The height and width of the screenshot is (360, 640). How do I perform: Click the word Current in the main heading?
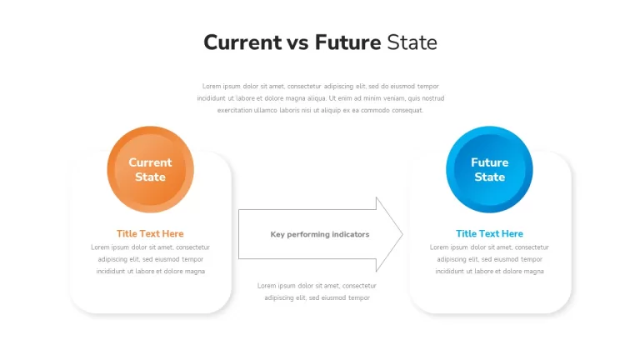click(x=242, y=42)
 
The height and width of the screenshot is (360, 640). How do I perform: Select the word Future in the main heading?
click(x=347, y=42)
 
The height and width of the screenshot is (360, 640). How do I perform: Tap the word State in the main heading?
click(x=412, y=42)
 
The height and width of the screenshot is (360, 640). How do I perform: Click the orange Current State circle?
click(x=150, y=169)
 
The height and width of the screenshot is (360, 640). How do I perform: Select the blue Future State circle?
click(x=489, y=169)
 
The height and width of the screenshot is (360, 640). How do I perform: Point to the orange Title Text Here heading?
click(x=150, y=233)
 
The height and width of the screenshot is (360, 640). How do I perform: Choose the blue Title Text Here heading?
click(x=489, y=233)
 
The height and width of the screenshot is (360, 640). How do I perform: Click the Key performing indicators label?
click(x=320, y=234)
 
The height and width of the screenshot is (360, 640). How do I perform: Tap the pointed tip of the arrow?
click(x=402, y=234)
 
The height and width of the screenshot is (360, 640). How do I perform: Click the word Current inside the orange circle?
click(x=150, y=162)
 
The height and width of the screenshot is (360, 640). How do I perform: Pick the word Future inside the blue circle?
click(x=489, y=162)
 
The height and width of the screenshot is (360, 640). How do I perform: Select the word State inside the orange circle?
click(x=150, y=177)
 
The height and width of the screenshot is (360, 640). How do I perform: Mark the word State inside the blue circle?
click(x=489, y=177)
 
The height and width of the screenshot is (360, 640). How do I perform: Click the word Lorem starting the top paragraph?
click(x=212, y=86)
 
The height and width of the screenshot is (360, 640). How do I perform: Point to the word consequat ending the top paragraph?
click(x=407, y=110)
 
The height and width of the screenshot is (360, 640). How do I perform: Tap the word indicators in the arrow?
click(x=351, y=234)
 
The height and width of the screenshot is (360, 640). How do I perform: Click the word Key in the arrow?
click(x=277, y=234)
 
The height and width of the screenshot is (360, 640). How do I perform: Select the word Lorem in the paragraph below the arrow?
click(x=267, y=286)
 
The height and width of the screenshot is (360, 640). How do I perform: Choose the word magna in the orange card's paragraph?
click(x=195, y=272)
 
